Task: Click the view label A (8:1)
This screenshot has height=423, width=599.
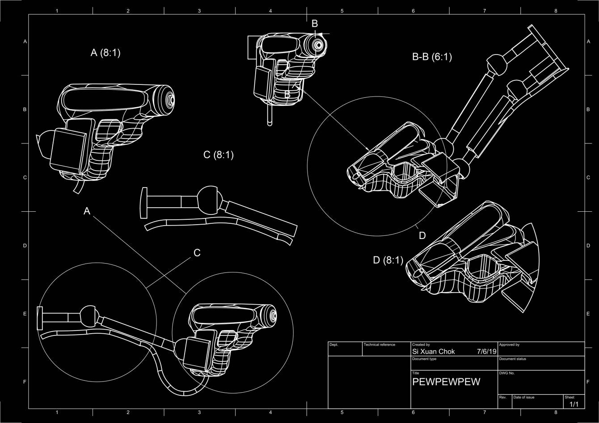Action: (x=105, y=53)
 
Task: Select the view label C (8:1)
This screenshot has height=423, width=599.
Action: (x=218, y=155)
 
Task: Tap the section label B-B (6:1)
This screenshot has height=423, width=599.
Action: (x=432, y=57)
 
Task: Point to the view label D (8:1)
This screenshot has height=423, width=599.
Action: (x=388, y=260)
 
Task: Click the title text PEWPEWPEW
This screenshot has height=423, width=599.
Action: (x=446, y=382)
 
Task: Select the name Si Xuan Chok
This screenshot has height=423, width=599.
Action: (x=433, y=352)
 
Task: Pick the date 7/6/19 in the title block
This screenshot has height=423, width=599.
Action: (x=487, y=352)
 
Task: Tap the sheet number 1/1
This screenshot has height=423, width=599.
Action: (x=574, y=404)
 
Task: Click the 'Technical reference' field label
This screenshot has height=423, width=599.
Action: (x=380, y=345)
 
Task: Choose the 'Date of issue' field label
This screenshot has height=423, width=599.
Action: (x=523, y=397)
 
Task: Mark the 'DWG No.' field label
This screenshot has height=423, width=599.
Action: (x=506, y=373)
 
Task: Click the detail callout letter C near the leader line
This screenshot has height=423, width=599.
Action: (x=197, y=253)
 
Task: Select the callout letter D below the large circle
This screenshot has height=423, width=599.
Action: (x=422, y=235)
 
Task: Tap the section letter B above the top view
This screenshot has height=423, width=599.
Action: (x=315, y=23)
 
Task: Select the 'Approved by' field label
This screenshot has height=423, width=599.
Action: (x=509, y=345)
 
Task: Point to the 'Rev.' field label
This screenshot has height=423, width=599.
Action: (x=502, y=397)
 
